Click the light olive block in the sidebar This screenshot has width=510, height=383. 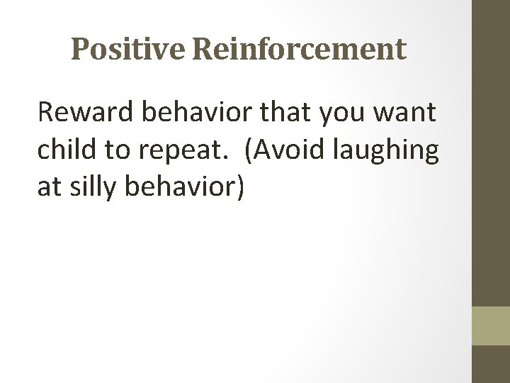coord(491,326)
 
